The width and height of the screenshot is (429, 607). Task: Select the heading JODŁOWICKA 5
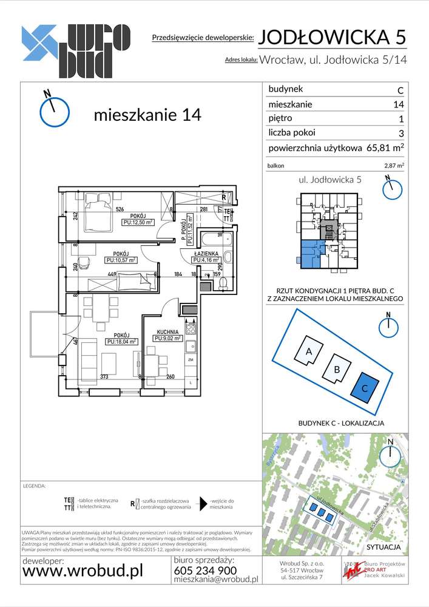332,37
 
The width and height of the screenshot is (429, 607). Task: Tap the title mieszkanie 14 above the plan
147,115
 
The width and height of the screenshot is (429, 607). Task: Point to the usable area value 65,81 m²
385,148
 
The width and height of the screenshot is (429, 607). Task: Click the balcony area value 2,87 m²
394,164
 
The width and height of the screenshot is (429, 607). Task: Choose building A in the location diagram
308,351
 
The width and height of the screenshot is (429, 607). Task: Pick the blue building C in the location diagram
365,387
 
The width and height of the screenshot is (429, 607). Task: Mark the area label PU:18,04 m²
121,342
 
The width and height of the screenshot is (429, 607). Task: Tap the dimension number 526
120,210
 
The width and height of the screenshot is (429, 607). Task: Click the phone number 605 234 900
205,570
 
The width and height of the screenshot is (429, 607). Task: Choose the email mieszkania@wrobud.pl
215,580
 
